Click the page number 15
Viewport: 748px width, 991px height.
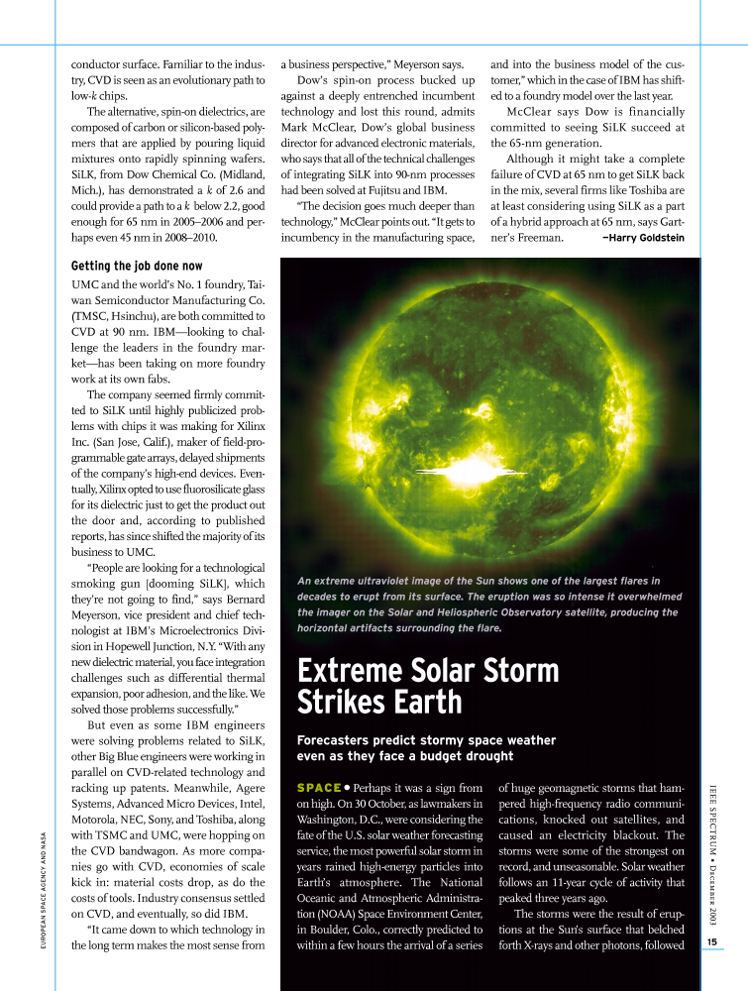[x=712, y=941]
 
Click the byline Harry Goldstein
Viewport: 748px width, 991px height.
[x=644, y=238]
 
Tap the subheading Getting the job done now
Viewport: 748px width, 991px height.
[x=137, y=267]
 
